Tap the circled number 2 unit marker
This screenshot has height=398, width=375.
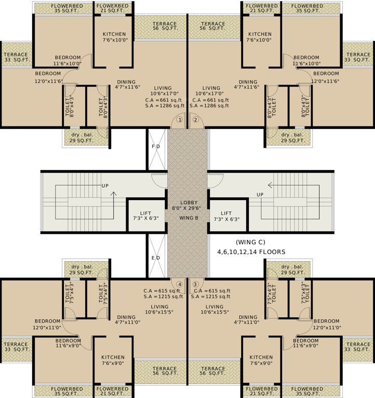196,120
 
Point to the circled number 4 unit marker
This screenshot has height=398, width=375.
180,284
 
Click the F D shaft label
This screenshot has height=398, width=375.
156,146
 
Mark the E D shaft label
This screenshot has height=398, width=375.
156,257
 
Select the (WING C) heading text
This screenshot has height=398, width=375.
251,242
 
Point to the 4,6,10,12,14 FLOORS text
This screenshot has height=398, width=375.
251,251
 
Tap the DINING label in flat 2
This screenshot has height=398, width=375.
248,82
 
